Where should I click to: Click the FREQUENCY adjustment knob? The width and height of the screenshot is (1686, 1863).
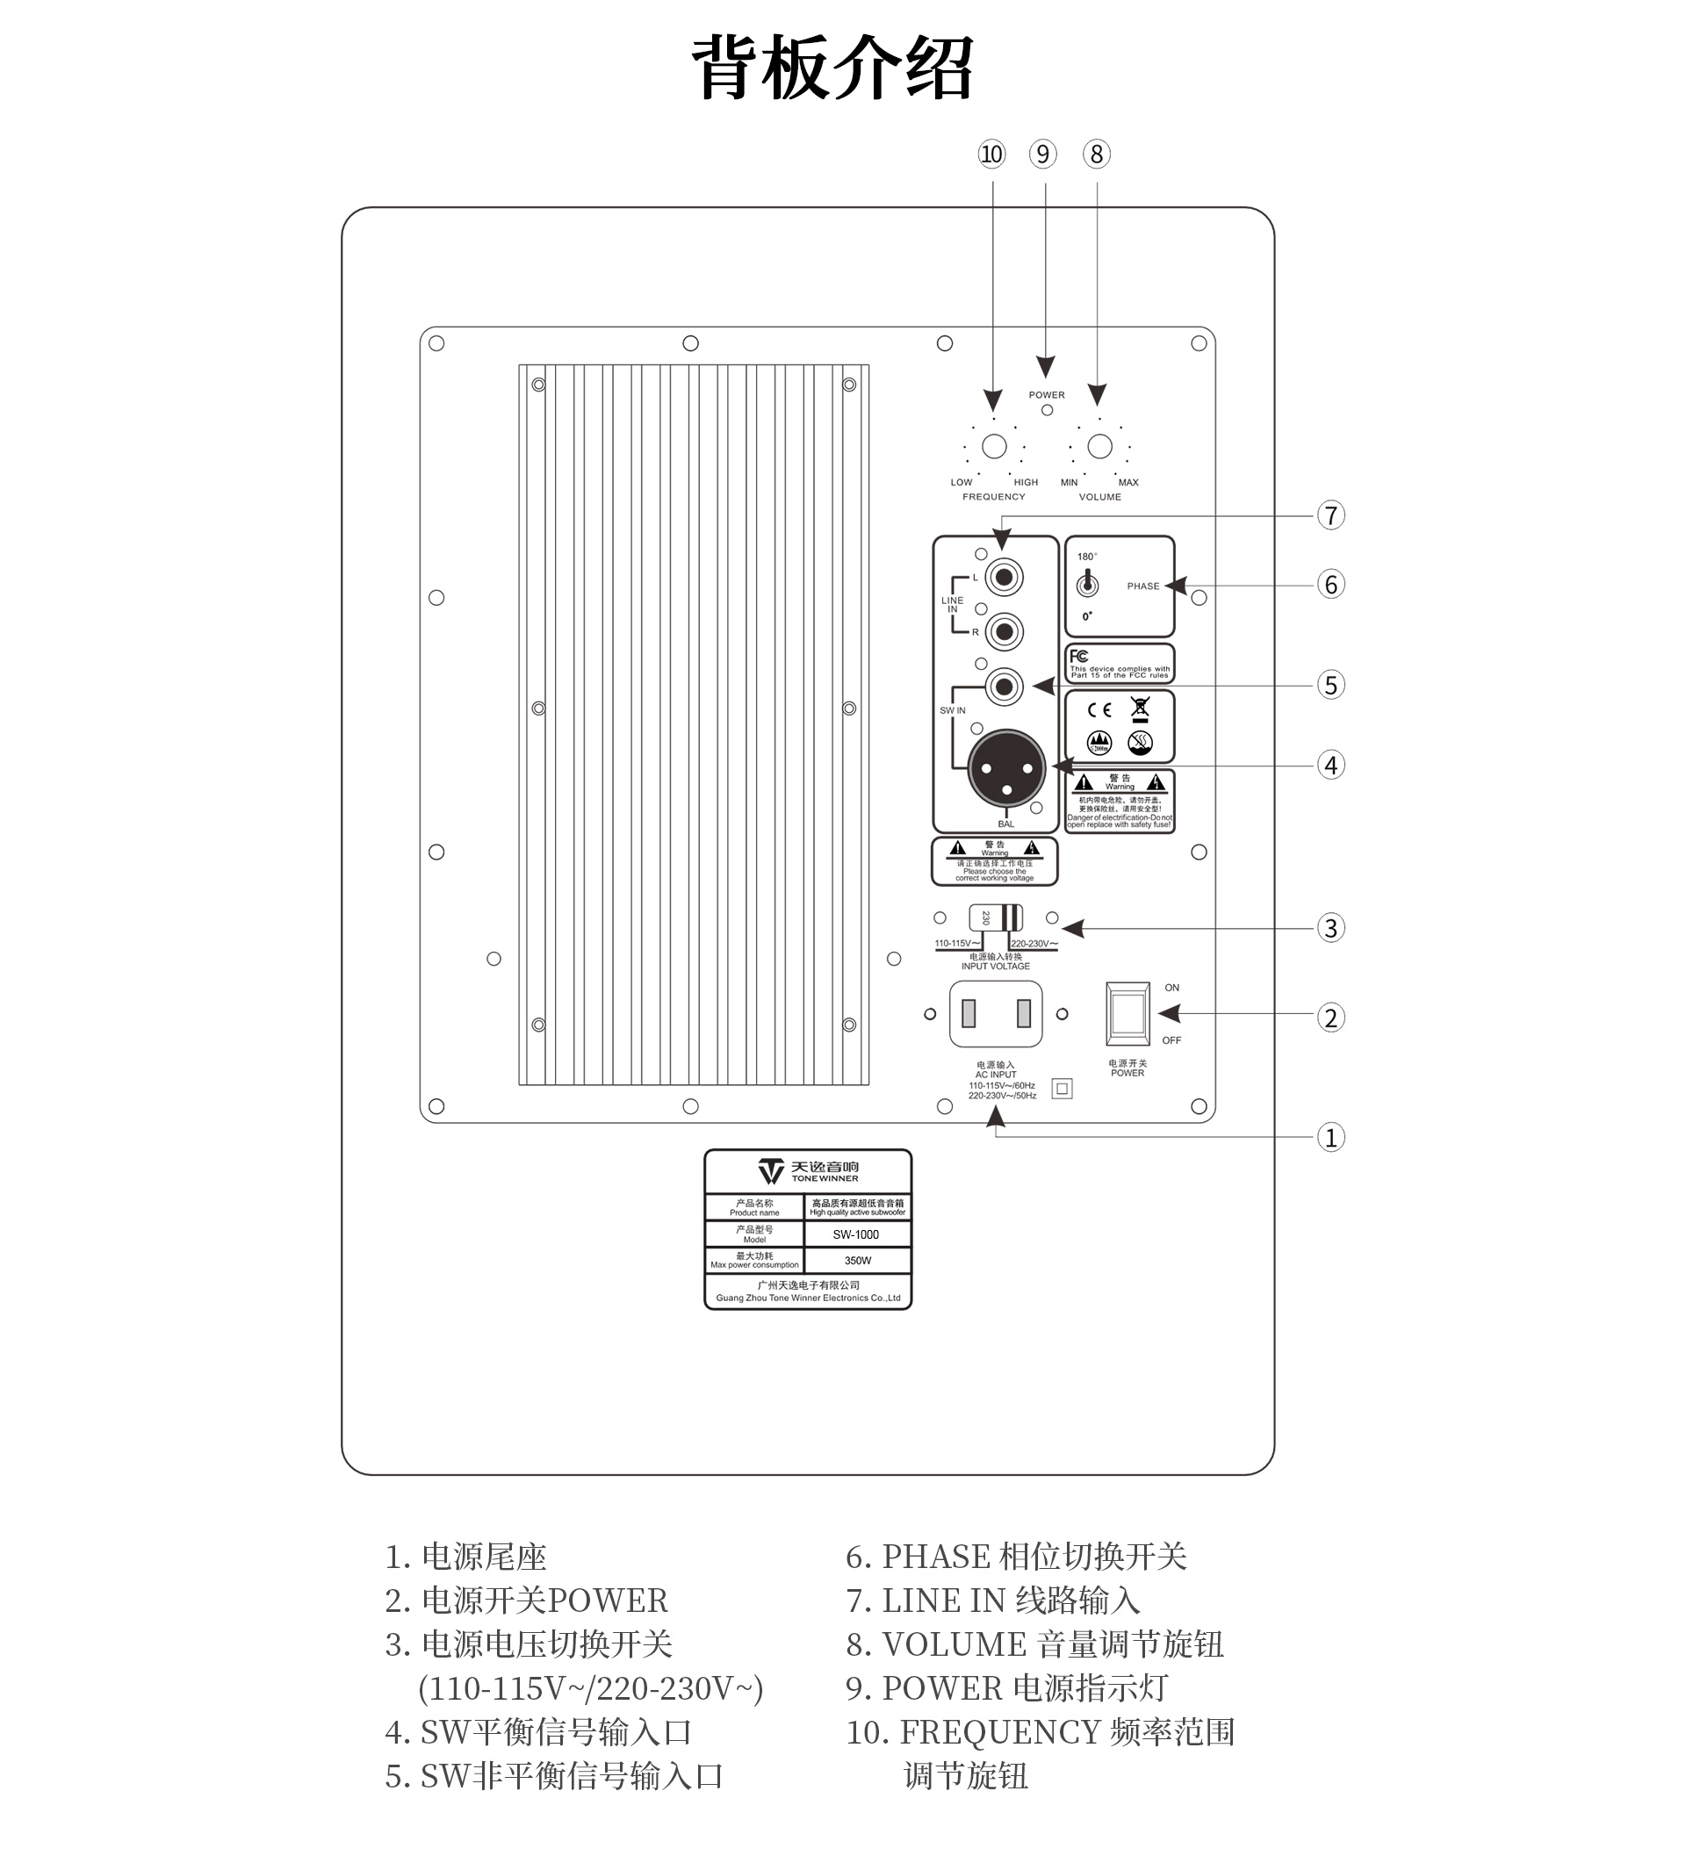pos(994,446)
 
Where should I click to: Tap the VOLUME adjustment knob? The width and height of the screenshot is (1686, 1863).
pos(1099,446)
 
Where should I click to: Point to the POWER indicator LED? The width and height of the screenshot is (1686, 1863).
pos(1047,410)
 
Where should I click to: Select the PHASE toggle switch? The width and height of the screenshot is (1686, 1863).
pos(1088,583)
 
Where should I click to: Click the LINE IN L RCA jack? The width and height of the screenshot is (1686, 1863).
pos(1004,578)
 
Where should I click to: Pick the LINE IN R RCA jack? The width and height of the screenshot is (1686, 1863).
pos(1004,632)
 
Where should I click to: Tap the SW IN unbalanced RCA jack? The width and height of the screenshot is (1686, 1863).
pos(1004,687)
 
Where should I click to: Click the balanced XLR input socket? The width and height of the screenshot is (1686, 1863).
pos(1006,768)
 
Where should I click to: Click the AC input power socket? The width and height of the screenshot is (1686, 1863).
pos(996,1014)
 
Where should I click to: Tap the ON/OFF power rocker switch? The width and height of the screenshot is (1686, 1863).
pos(1128,1014)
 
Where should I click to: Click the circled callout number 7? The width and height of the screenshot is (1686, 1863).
pos(1330,515)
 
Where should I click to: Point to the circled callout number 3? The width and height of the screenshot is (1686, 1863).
pos(1330,928)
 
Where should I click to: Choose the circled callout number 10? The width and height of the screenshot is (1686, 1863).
pos(991,155)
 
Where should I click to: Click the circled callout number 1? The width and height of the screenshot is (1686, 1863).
pos(1330,1137)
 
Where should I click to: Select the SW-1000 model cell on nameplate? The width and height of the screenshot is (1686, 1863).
pos(856,1234)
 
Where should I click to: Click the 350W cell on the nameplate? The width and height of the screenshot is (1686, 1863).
pos(857,1261)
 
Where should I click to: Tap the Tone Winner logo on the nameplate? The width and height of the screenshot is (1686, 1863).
pos(808,1172)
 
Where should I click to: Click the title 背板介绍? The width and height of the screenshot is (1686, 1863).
pos(832,68)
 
